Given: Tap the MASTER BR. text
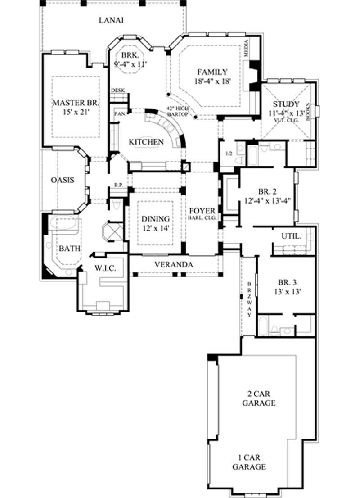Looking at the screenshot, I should click(x=75, y=102).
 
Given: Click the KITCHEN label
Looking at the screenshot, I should click(x=146, y=142).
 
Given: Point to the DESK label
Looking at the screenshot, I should click(x=117, y=90).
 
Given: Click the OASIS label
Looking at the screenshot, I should click(x=62, y=180).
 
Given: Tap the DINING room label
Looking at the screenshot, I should click(x=156, y=219).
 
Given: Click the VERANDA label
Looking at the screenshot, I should click(x=174, y=264).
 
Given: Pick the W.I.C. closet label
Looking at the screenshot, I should click(x=105, y=268).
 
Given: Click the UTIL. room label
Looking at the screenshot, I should click(x=291, y=236).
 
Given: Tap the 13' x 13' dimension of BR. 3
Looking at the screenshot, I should click(x=286, y=291).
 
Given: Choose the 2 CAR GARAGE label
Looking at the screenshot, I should click(x=259, y=398).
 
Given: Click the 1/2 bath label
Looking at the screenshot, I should click(x=229, y=154).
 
